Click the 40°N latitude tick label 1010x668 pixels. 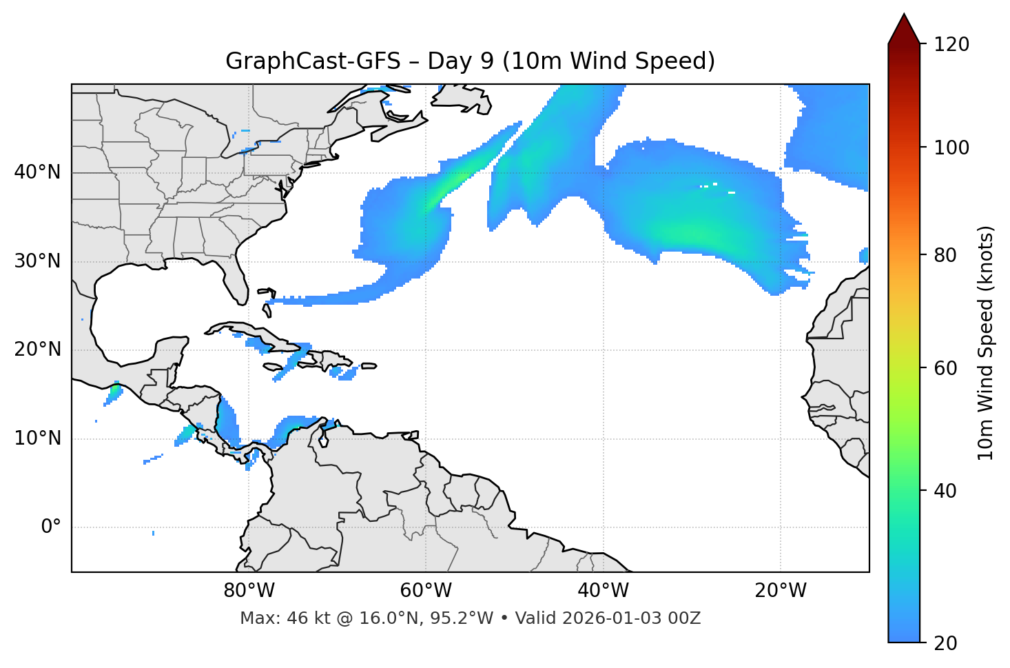(37, 172)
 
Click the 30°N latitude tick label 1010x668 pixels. (37, 261)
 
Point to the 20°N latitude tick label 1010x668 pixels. (37, 350)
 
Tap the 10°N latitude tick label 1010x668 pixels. (37, 438)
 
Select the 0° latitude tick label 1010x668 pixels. (51, 527)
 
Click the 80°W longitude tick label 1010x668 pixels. (249, 591)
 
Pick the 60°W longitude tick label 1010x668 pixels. (426, 591)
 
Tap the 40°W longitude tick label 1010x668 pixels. (603, 591)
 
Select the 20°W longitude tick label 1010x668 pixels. (780, 591)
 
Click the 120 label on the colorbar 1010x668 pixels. (951, 45)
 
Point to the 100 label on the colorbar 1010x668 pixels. (951, 148)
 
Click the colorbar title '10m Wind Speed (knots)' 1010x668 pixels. (986, 343)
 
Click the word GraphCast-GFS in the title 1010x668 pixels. (313, 61)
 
